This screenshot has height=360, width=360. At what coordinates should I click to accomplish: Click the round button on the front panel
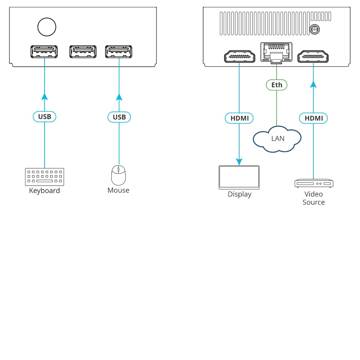(47, 27)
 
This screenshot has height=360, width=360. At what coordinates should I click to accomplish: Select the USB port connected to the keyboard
(44, 52)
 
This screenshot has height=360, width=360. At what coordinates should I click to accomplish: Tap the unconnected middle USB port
(83, 52)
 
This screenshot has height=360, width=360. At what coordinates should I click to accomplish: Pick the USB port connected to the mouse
(118, 52)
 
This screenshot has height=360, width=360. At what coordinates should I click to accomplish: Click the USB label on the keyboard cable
(44, 117)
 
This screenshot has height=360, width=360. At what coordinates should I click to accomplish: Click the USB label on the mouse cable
(119, 117)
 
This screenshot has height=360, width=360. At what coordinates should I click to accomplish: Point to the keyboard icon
(44, 177)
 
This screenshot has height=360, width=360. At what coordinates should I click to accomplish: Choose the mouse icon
(118, 175)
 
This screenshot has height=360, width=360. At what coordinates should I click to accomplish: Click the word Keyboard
(44, 191)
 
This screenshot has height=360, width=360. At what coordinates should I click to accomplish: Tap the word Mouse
(118, 190)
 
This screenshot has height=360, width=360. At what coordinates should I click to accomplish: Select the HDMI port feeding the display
(239, 56)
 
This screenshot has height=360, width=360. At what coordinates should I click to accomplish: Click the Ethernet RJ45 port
(276, 52)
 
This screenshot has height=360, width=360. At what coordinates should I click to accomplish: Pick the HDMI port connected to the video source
(313, 56)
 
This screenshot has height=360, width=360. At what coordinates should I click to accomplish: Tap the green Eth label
(277, 85)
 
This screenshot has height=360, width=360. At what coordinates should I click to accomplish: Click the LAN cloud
(277, 139)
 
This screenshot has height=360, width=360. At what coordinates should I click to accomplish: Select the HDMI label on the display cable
(239, 118)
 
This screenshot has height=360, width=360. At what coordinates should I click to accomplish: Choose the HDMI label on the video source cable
(313, 118)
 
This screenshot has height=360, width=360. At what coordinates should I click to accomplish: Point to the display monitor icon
(239, 177)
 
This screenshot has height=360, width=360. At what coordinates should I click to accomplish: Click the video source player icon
(314, 183)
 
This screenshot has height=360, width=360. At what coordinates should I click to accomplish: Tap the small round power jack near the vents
(314, 29)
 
